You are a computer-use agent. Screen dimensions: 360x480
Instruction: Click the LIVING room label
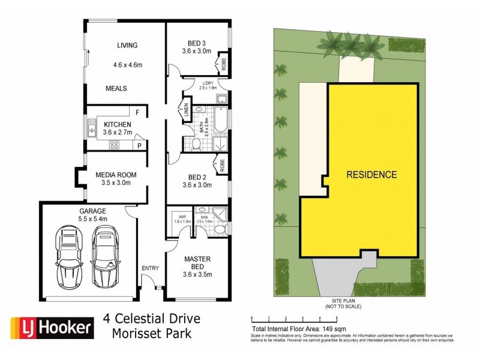[127, 45]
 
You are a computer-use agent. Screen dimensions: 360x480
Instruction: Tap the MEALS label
[116, 88]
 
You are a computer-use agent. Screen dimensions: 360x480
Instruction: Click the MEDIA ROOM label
[116, 175]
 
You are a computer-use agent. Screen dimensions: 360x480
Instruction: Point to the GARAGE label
[92, 211]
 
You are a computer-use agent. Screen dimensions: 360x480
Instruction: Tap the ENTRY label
[149, 268]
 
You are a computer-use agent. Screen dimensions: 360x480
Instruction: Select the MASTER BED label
[196, 263]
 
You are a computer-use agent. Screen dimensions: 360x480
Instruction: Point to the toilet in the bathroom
[196, 143]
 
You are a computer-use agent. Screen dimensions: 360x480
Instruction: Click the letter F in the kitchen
[137, 112]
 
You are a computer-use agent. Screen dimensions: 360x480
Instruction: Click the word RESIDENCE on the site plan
[372, 175]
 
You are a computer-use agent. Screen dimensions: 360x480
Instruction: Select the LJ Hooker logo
[52, 327]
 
